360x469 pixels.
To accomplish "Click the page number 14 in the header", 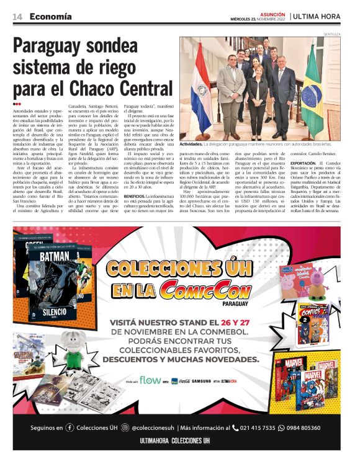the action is (19, 16).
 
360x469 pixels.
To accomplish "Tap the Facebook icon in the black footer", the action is (70, 427).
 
